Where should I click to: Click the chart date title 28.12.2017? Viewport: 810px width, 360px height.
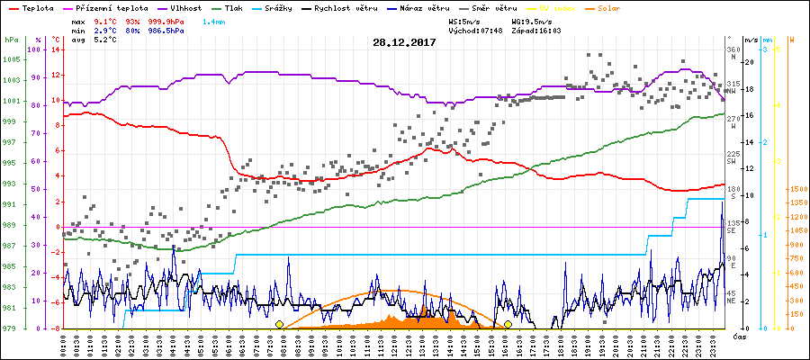coord(405,42)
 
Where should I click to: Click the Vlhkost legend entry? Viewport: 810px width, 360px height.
coord(184,7)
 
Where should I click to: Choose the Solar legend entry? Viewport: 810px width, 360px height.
coord(637,7)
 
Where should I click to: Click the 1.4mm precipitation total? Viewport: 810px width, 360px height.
coord(214,20)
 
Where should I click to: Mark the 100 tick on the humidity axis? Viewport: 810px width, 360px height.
coord(35,49)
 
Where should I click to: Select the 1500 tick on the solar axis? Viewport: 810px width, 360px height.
coord(797,190)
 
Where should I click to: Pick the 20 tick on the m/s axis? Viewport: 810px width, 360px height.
coord(749,62)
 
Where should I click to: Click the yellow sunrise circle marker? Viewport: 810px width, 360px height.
coord(280,324)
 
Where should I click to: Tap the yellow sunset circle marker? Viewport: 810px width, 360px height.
coord(508,324)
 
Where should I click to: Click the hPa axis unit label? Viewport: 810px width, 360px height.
coord(11,40)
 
